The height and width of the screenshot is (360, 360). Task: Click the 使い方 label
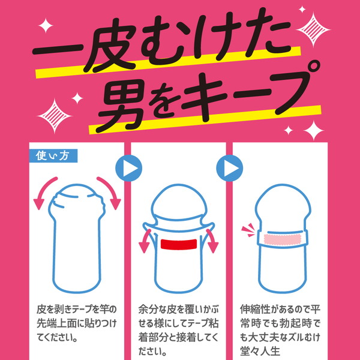(x=53, y=155)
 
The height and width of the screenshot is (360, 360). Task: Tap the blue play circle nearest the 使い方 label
(x=128, y=169)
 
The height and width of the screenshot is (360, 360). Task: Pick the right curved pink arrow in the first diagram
(x=109, y=191)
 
